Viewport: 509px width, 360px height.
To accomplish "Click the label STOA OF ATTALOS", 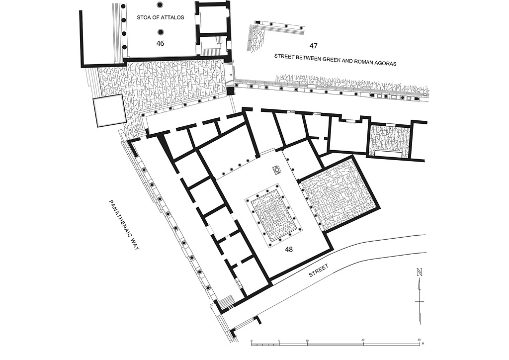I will click(x=161, y=17).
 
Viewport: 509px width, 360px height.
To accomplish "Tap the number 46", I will click(x=160, y=43).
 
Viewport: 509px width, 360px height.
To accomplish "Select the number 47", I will click(x=313, y=46).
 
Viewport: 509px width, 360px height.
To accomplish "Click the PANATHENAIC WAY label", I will click(x=124, y=225).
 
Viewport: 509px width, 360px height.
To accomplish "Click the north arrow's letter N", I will click(x=420, y=272).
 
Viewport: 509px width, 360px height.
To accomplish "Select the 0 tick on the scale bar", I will click(x=252, y=341).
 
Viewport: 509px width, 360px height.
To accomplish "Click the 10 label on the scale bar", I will click(x=307, y=341).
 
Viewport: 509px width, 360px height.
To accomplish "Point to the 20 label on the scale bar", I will click(x=363, y=341).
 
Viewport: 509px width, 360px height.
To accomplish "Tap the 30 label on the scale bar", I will click(x=419, y=341).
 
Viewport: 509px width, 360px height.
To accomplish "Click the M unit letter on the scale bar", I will click(x=423, y=344).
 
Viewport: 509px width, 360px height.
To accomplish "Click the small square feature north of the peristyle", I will click(x=275, y=170).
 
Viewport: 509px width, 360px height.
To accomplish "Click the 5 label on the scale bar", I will click(x=279, y=341).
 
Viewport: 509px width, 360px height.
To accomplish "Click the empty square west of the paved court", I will click(x=109, y=111).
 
